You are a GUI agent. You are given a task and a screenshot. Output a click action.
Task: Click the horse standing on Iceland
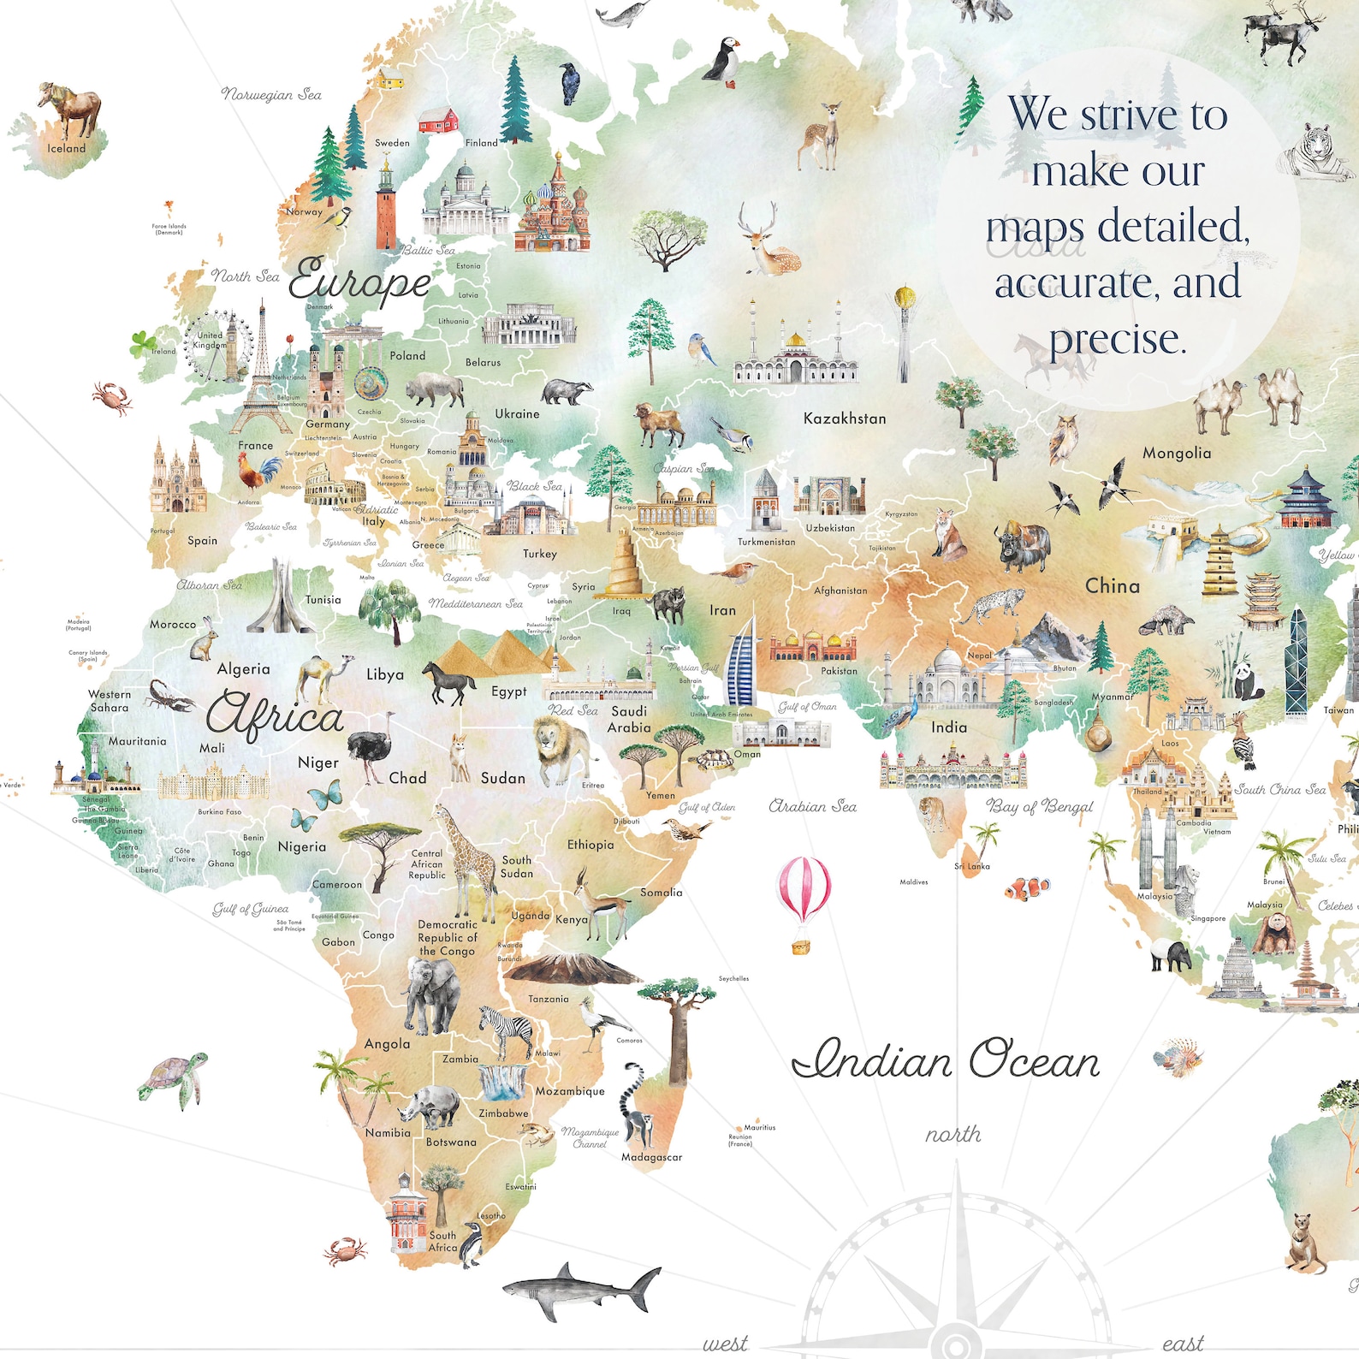70,109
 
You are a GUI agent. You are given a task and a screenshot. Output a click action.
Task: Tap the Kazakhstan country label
844,418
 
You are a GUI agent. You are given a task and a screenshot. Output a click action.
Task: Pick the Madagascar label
651,1157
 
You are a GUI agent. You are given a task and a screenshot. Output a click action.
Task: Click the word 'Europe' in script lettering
359,282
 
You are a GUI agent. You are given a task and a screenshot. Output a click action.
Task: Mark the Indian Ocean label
946,1061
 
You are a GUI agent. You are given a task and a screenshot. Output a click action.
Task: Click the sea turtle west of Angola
174,1079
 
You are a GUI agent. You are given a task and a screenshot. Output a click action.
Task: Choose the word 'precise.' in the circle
1118,339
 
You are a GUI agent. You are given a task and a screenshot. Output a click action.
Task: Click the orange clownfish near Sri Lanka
1027,888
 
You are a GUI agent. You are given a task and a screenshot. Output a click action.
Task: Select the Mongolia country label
1176,454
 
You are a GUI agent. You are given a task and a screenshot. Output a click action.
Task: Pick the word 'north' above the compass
952,1135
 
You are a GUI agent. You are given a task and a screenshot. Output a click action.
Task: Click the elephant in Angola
432,993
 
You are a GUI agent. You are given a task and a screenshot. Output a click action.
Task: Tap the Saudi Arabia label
629,719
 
